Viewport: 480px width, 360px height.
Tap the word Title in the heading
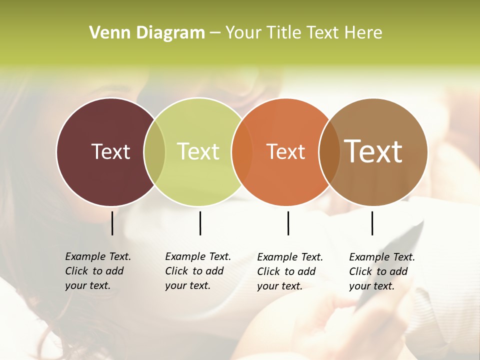(x=285, y=33)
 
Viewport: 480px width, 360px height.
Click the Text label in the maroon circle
(x=110, y=151)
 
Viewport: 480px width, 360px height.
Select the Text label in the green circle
(x=198, y=151)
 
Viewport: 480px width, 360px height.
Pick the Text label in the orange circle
(x=285, y=151)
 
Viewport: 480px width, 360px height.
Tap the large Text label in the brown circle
(x=373, y=151)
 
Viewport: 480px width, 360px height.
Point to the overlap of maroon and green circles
(x=154, y=151)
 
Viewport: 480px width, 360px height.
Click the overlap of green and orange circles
(x=242, y=151)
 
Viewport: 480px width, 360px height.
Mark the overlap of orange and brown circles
(x=329, y=151)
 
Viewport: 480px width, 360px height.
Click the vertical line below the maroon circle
(x=112, y=223)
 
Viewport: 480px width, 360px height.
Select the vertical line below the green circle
(x=200, y=223)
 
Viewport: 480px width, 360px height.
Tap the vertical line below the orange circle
(x=288, y=223)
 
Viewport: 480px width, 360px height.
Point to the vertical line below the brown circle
(x=372, y=223)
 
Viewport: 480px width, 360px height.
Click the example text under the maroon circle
(x=98, y=271)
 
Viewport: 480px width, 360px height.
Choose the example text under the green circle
(x=198, y=271)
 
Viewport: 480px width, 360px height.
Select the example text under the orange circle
(x=290, y=271)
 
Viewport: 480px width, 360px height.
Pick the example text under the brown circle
(x=382, y=271)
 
